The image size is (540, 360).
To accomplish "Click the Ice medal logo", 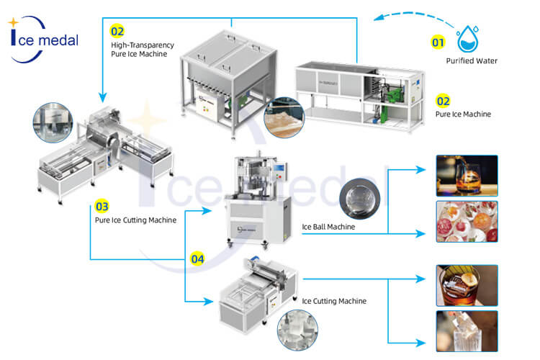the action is pos(43,40).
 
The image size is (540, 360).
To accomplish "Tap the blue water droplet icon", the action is pos(467,39).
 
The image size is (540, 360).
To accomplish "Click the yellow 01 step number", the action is pos(438,42).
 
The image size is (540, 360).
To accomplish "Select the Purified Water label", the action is pos(472,61).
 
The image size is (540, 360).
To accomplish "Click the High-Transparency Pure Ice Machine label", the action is pos(143,50).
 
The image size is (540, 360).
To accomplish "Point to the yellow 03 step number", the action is pos(102,207).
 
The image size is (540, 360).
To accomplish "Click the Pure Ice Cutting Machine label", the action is pos(135,220).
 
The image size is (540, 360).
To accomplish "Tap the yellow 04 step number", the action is pos(198,259).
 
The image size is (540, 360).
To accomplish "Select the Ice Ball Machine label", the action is pos(328,227).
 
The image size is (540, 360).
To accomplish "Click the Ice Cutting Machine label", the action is pos(334,301).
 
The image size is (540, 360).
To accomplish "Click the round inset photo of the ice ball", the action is pos(359,199).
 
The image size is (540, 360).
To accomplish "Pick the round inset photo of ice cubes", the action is pos(297,330).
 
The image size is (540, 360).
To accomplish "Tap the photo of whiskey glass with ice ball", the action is pos(467,176).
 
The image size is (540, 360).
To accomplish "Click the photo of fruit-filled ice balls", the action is pos(467,222).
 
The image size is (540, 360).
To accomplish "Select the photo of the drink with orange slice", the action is pos(467,286).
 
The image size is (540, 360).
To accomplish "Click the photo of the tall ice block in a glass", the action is pos(467,331).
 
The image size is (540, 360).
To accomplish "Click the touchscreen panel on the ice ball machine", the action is pos(279,168).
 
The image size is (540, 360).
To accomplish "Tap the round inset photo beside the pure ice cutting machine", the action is pos(53,122).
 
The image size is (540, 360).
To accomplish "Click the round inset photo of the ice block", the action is pos(284,117).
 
